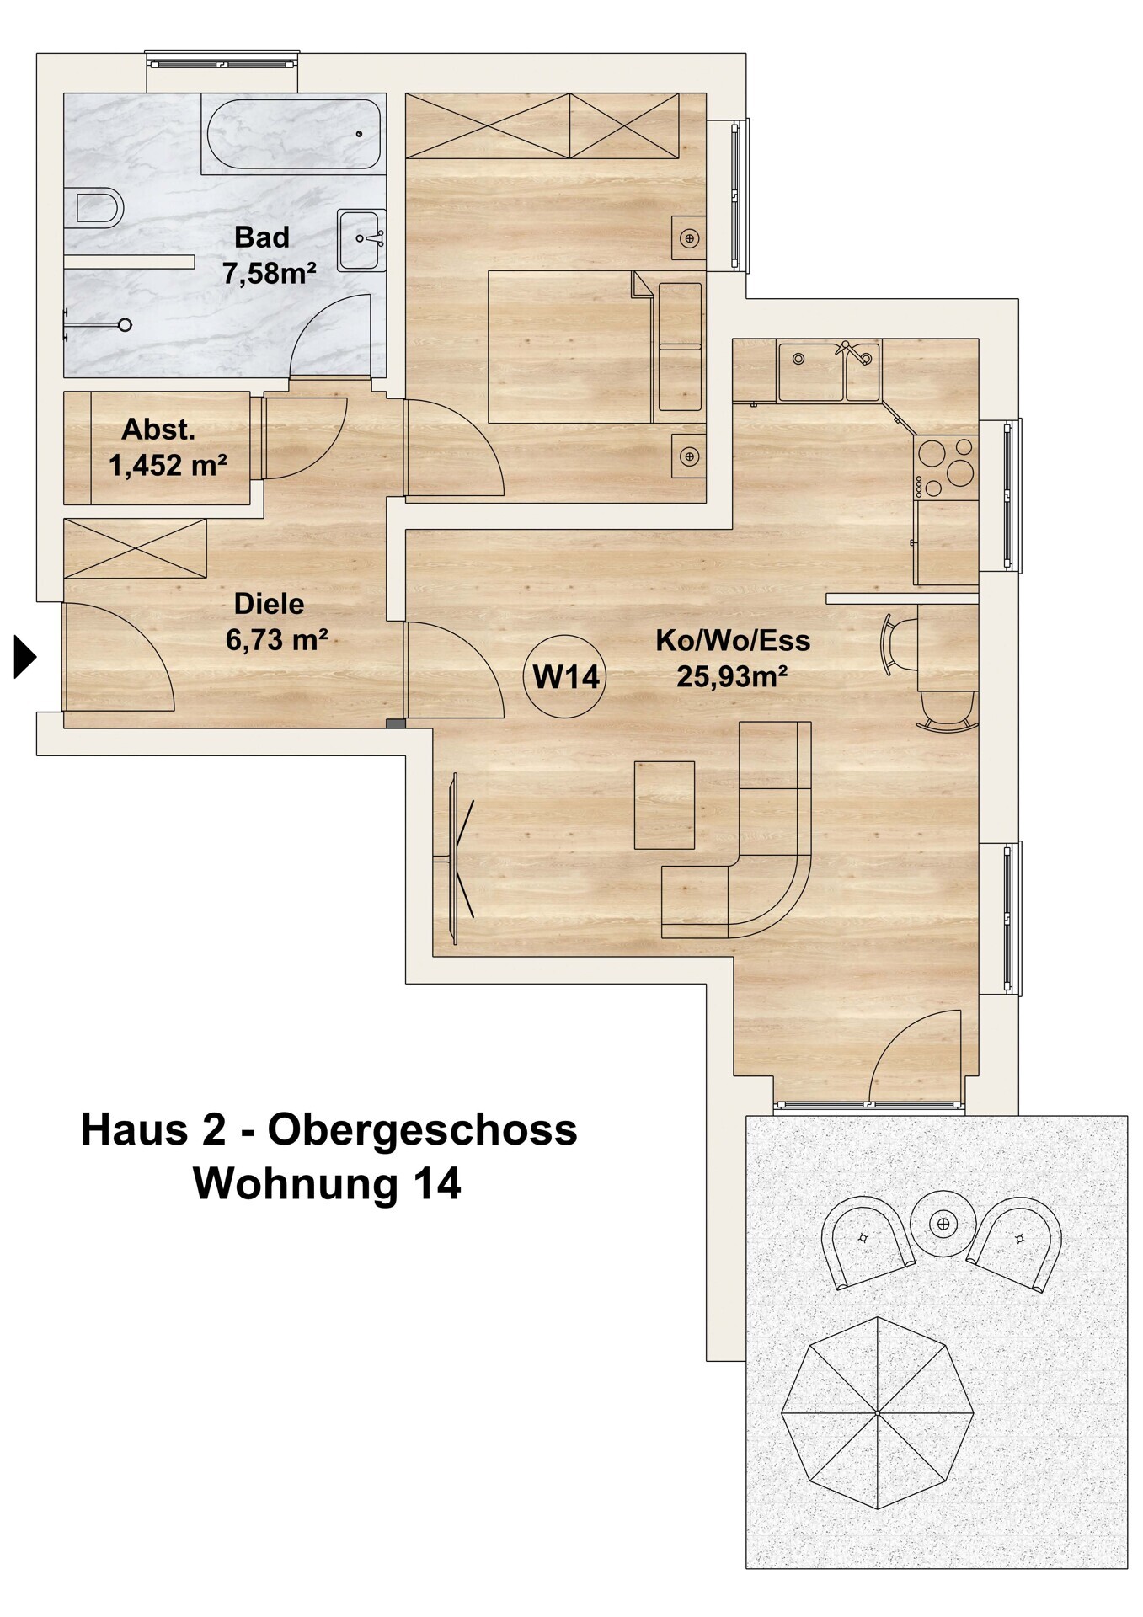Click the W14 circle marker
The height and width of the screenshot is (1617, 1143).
pyautogui.click(x=565, y=676)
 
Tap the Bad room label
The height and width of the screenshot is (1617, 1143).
pyautogui.click(x=262, y=237)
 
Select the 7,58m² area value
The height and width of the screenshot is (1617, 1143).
pyautogui.click(x=270, y=273)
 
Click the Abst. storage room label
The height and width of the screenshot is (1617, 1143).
pyautogui.click(x=158, y=430)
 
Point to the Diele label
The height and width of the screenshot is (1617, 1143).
pyautogui.click(x=269, y=604)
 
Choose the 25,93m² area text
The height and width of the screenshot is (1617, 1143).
pyautogui.click(x=732, y=675)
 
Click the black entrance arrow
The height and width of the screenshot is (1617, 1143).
pyautogui.click(x=25, y=656)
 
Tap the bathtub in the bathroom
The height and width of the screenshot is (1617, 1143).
pyautogui.click(x=292, y=134)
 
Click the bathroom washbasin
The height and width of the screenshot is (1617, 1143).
pyautogui.click(x=362, y=240)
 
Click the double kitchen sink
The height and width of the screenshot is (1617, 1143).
pyautogui.click(x=829, y=371)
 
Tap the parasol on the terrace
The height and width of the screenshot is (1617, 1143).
pyautogui.click(x=878, y=1412)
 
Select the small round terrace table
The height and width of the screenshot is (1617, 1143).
pyautogui.click(x=943, y=1223)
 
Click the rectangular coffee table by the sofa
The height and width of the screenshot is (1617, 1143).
pyautogui.click(x=665, y=805)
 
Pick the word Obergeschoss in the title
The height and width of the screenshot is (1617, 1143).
pyautogui.click(x=422, y=1129)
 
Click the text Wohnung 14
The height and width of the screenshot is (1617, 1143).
pyautogui.click(x=327, y=1182)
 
